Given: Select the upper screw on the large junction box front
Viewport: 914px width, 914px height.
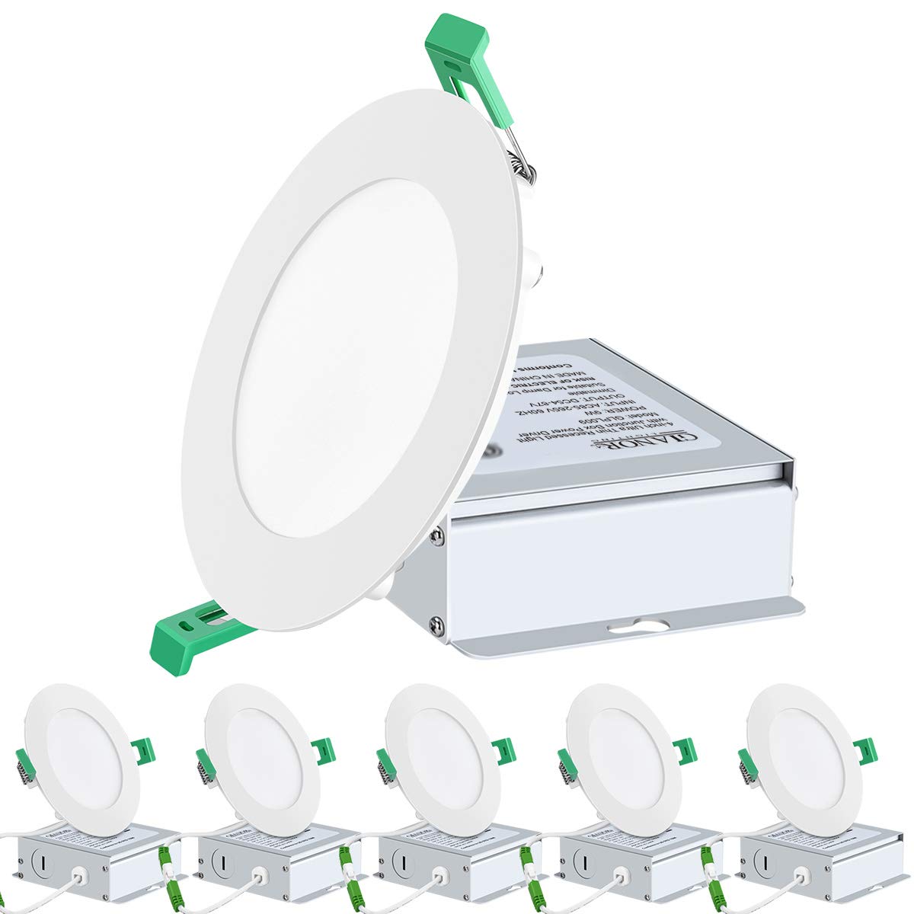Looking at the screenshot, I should coord(438,536).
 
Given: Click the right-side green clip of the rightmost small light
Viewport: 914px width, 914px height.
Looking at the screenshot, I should coord(864,751).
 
